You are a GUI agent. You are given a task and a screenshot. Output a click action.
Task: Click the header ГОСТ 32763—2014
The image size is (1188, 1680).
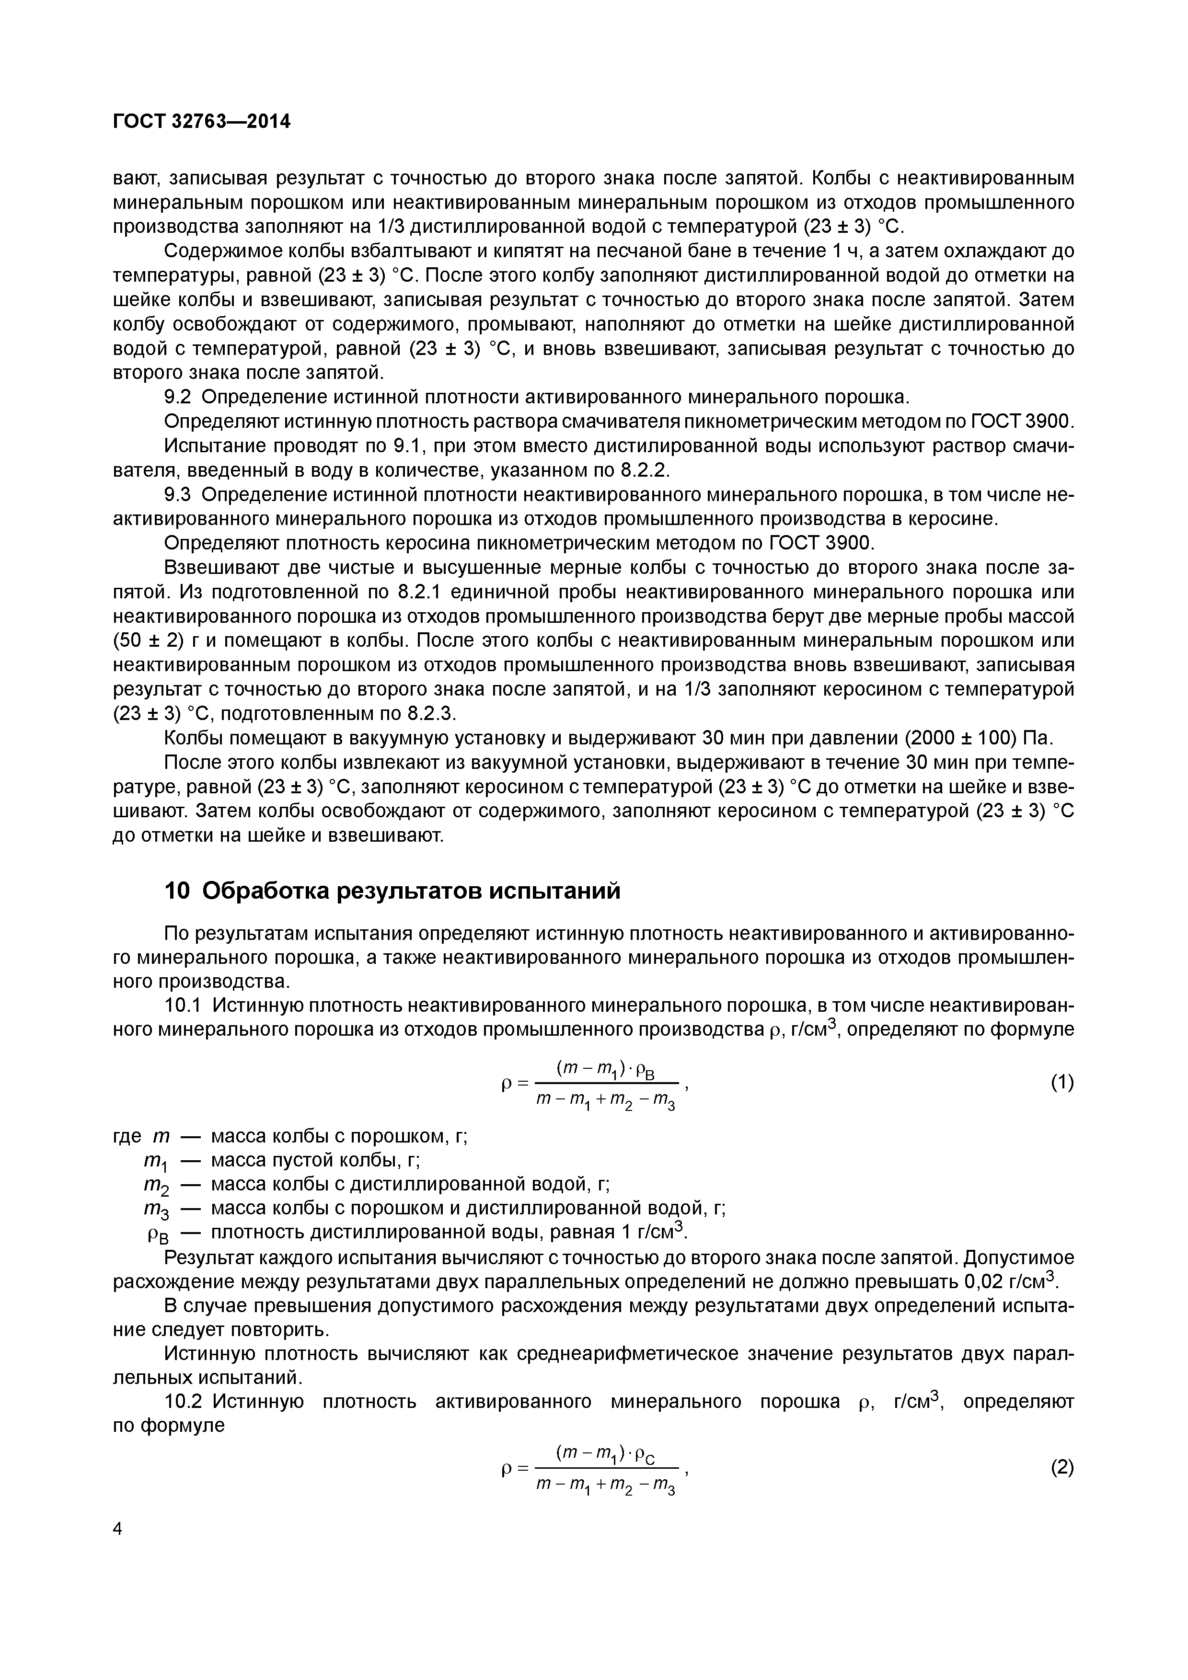pyautogui.click(x=201, y=122)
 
